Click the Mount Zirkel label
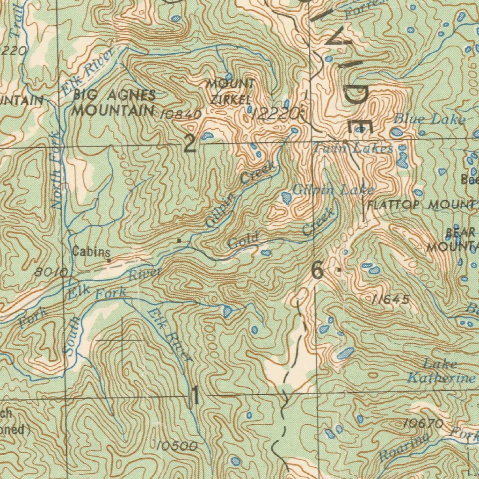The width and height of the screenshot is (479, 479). coord(231,92)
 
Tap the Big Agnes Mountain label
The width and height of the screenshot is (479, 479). coord(114,103)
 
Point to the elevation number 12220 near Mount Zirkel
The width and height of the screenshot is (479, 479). coord(275,114)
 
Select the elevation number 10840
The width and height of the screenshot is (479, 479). coord(180,114)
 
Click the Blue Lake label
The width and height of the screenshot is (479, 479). coord(429,119)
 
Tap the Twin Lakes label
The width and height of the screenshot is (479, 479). coord(353,149)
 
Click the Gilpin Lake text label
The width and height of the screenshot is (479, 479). coord(333,189)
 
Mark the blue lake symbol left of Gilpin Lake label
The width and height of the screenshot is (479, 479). coord(287,198)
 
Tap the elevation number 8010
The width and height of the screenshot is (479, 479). coord(51,272)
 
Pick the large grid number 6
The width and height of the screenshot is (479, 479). coord(317,271)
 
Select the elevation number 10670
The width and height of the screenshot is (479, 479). coord(422,424)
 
